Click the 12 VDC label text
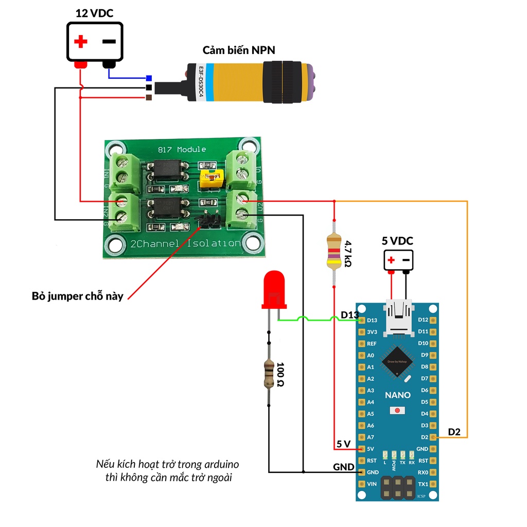95,13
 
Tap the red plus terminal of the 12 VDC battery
80,64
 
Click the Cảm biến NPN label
239,50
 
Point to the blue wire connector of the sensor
149,78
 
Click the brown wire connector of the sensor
149,97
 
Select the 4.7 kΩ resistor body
334,251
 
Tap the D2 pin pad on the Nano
433,437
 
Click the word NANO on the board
398,395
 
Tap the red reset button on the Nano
397,411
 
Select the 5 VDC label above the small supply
397,240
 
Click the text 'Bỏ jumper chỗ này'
78,296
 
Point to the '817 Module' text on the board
181,150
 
